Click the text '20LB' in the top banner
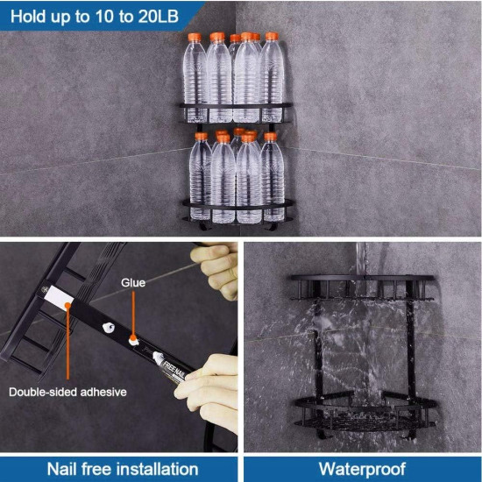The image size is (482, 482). [x=158, y=17]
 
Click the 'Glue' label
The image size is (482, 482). [x=133, y=283]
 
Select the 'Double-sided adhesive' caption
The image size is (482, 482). [x=67, y=392]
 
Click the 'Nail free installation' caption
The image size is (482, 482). [x=123, y=470]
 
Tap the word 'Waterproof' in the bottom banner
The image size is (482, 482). [x=363, y=470]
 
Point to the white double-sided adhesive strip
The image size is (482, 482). [x=59, y=296]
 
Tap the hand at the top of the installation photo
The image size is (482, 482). [x=217, y=266]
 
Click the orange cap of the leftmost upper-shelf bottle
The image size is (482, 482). [x=195, y=38]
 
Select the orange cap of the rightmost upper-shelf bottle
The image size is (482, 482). [x=272, y=36]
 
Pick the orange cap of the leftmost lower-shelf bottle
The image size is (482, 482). [x=202, y=136]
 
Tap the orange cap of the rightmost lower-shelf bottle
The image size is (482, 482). [x=271, y=137]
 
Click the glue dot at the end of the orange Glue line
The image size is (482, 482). [x=133, y=339]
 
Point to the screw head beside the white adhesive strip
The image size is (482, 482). [x=45, y=289]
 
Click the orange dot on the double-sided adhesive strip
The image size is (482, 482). [x=67, y=305]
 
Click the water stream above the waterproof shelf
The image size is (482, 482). [x=361, y=259]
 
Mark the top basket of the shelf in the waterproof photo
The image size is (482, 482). [x=363, y=287]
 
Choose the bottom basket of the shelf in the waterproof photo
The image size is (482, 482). [x=365, y=411]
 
